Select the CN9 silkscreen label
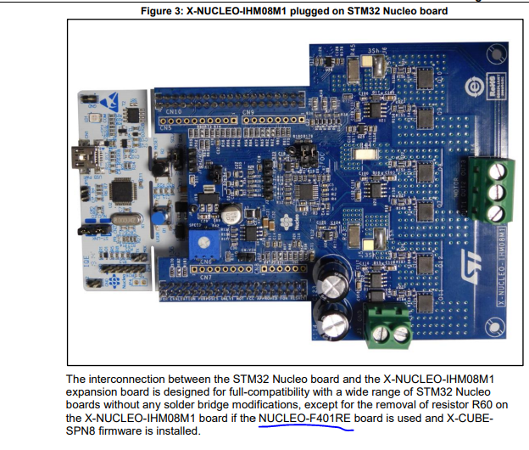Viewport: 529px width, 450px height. (249, 111)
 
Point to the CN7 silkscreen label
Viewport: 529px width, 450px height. (204, 277)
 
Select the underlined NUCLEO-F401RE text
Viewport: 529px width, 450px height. (305, 419)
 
